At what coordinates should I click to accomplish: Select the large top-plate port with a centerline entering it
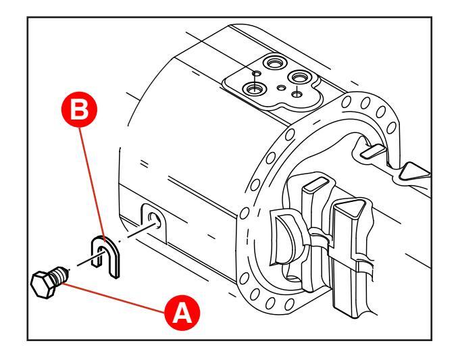click(255, 89)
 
